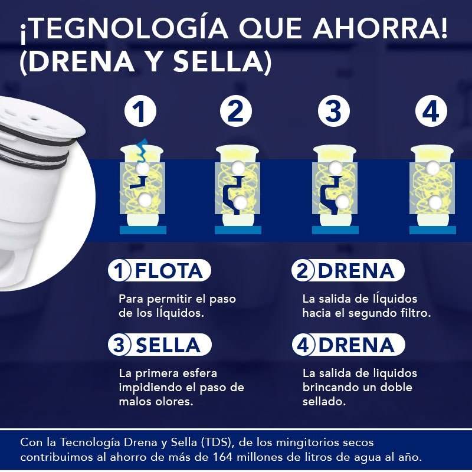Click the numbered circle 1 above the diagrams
[x=139, y=111]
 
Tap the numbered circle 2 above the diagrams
[x=236, y=111]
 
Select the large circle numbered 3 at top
[x=333, y=111]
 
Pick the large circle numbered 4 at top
[x=431, y=111]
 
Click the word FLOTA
[x=169, y=271]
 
